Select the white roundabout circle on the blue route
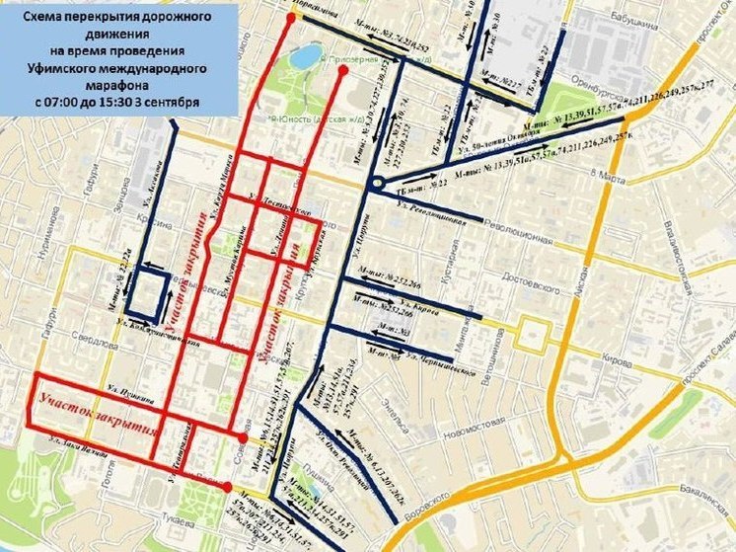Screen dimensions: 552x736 pos(375,184)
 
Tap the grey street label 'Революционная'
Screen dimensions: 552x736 pos(519,239)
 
